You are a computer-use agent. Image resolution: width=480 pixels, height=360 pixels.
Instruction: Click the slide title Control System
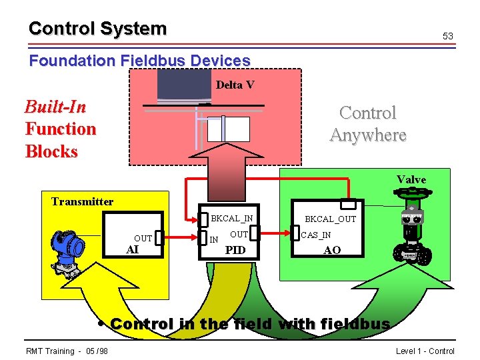pyautogui.click(x=97, y=29)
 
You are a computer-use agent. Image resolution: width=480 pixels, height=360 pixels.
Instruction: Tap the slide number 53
pyautogui.click(x=448, y=36)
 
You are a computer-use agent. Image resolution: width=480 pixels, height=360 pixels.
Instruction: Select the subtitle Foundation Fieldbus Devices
pyautogui.click(x=139, y=61)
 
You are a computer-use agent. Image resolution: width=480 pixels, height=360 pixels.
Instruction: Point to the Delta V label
pyautogui.click(x=235, y=85)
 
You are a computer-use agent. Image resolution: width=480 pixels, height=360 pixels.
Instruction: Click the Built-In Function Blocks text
pyautogui.click(x=60, y=129)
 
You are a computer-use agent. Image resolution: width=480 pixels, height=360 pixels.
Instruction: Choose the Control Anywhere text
pyautogui.click(x=367, y=124)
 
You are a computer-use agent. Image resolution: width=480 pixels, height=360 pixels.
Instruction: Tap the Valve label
pyautogui.click(x=411, y=179)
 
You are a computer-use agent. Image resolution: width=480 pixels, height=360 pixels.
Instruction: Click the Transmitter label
pyautogui.click(x=82, y=201)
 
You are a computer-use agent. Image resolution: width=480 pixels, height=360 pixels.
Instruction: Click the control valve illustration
pyautogui.click(x=412, y=227)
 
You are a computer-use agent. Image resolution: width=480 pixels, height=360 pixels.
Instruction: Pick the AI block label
pyautogui.click(x=133, y=249)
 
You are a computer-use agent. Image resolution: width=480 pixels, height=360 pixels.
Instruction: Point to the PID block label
pyautogui.click(x=235, y=250)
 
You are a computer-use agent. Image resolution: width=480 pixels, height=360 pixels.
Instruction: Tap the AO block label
pyautogui.click(x=331, y=250)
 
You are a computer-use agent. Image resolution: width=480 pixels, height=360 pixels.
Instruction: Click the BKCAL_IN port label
pyautogui.click(x=231, y=218)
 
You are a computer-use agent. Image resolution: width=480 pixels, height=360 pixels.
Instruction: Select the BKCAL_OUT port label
pyautogui.click(x=330, y=219)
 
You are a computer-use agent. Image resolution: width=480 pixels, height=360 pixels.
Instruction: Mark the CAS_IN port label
pyautogui.click(x=316, y=235)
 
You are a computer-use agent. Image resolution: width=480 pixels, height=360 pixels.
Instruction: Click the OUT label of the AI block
pyautogui.click(x=143, y=238)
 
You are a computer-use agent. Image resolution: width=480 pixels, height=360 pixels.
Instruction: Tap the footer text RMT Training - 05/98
pyautogui.click(x=67, y=351)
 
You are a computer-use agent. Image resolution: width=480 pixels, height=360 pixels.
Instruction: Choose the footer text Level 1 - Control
pyautogui.click(x=425, y=351)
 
